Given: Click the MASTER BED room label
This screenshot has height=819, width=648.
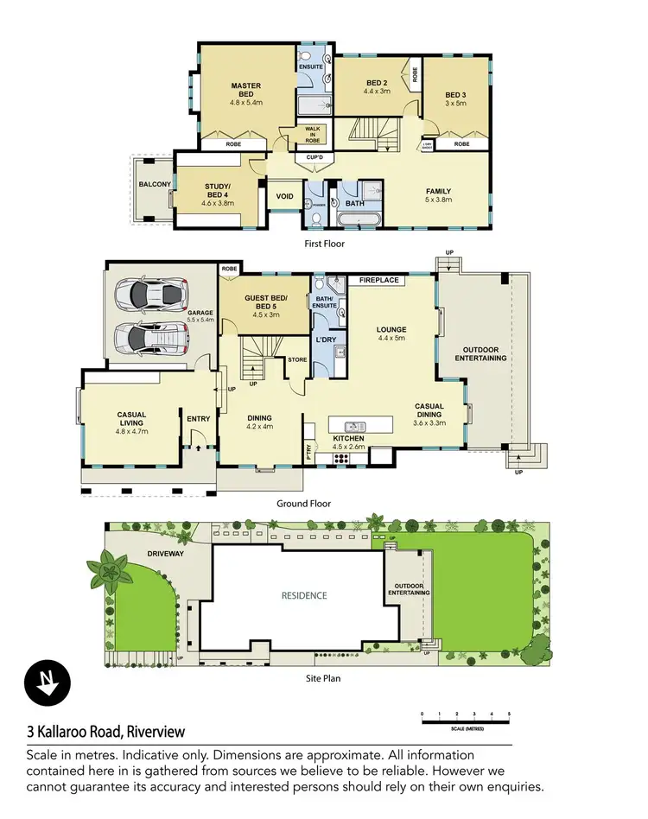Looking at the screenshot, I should [246, 90].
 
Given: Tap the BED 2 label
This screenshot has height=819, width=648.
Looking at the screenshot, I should [377, 83].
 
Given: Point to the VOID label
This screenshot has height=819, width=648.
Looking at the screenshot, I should [284, 196].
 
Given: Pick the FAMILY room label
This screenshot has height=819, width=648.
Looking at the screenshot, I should [439, 191].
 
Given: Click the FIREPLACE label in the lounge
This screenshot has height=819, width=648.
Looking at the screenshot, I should [378, 280].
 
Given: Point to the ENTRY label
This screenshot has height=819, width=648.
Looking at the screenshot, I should [199, 420].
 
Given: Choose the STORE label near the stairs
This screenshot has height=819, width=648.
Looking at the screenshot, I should [297, 359].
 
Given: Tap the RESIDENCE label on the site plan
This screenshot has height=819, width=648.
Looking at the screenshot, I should [304, 595].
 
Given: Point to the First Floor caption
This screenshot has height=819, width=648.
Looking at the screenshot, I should [325, 244].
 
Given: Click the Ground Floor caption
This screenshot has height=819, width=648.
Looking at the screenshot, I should [303, 503].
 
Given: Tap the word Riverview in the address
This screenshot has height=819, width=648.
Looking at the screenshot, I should [156, 731].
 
